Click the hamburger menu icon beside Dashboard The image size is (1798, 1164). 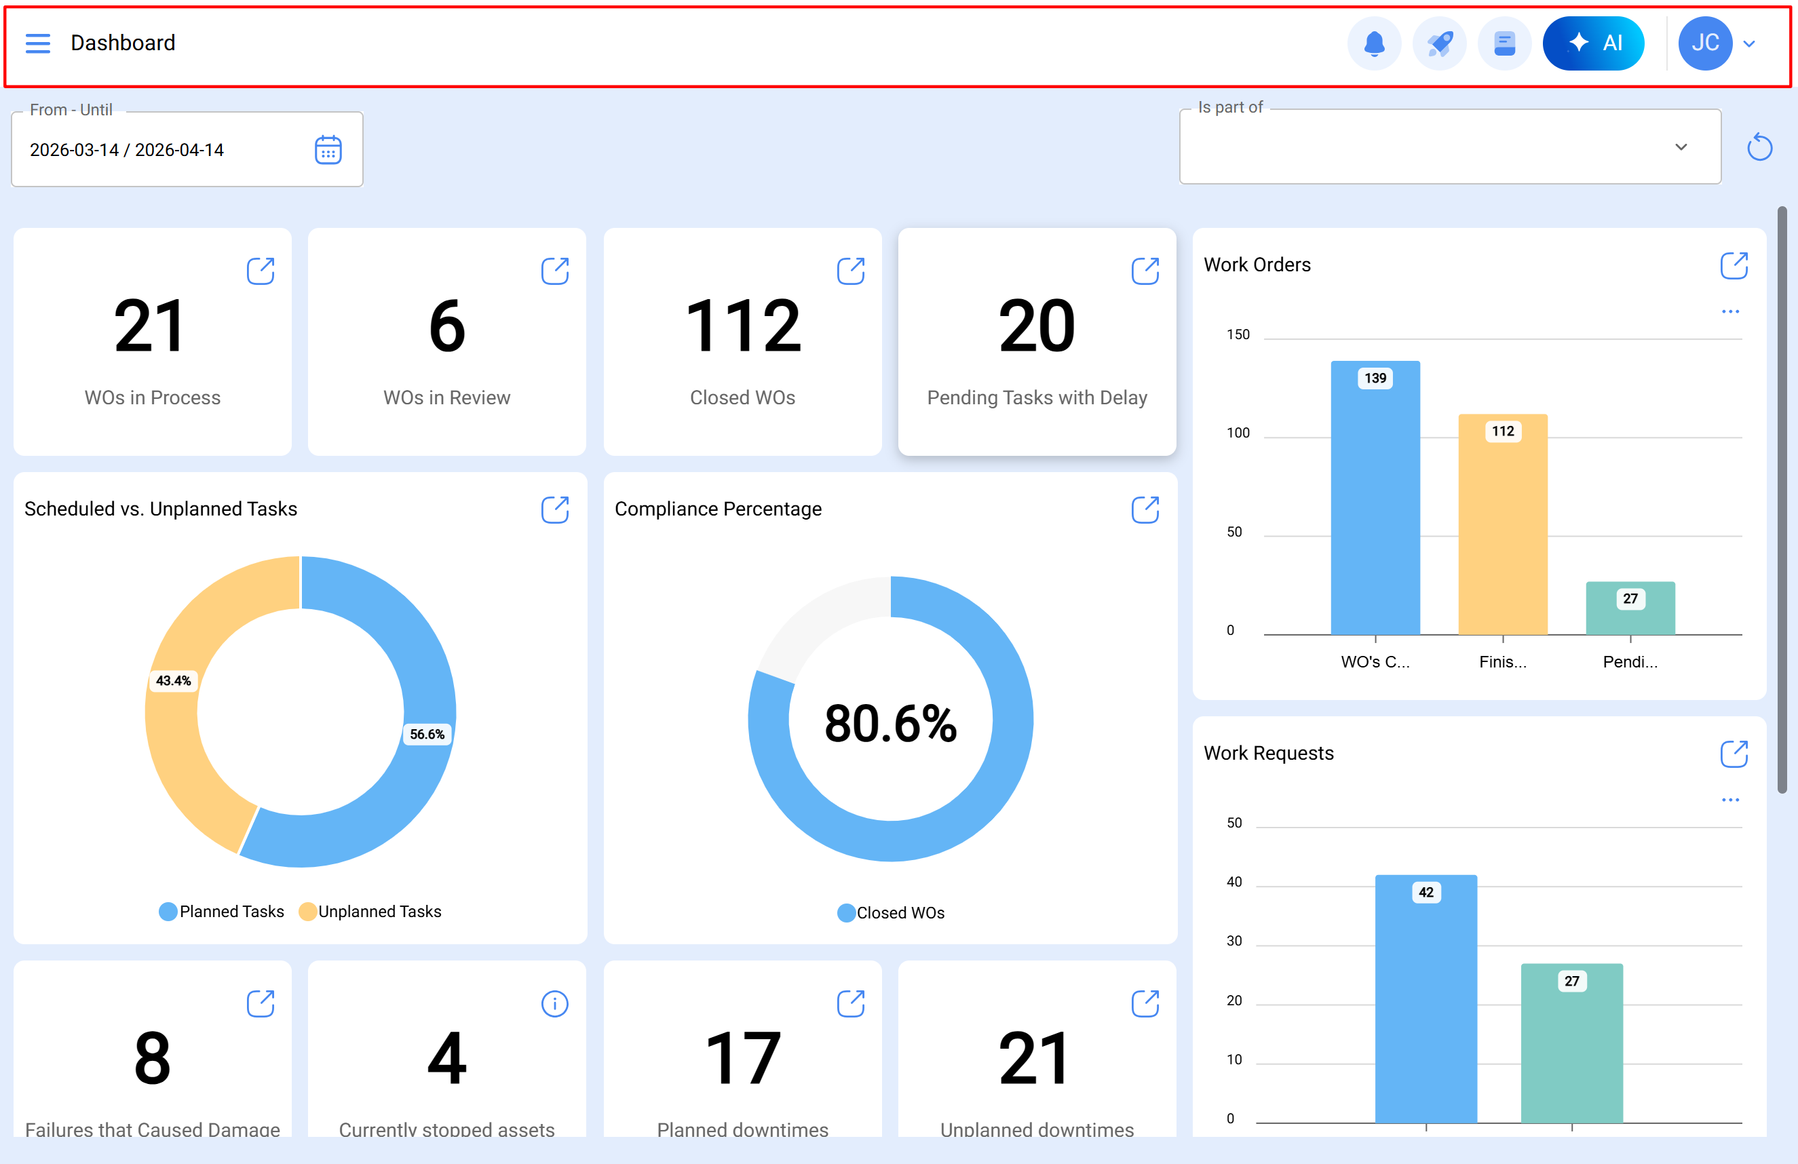(38, 43)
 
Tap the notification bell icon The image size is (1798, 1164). (1374, 43)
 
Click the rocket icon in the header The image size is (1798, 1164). (1439, 43)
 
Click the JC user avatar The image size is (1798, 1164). (1704, 43)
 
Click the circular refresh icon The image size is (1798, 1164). (1759, 147)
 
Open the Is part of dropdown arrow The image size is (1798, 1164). (1681, 147)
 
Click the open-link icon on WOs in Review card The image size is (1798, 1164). (554, 271)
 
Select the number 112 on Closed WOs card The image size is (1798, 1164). (743, 326)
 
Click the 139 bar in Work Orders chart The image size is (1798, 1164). (1375, 499)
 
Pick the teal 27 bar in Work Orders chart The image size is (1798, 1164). (1630, 609)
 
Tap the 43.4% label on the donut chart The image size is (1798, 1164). (173, 680)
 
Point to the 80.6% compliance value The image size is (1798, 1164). (890, 723)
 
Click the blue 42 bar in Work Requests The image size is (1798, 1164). (1426, 997)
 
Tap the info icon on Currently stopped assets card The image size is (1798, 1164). (554, 1004)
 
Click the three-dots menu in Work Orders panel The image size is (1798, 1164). (1730, 311)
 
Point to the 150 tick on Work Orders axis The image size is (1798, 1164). (1238, 334)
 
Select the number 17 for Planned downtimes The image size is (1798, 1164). (743, 1059)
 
